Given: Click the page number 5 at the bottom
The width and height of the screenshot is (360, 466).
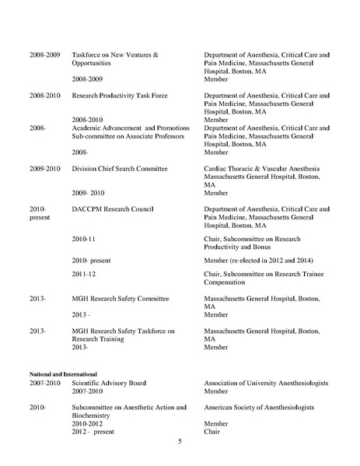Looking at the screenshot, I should point(180,442).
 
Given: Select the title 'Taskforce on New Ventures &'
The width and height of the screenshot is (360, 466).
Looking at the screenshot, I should point(115,55).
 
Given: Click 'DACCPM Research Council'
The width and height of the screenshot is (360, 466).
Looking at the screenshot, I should point(110,209).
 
